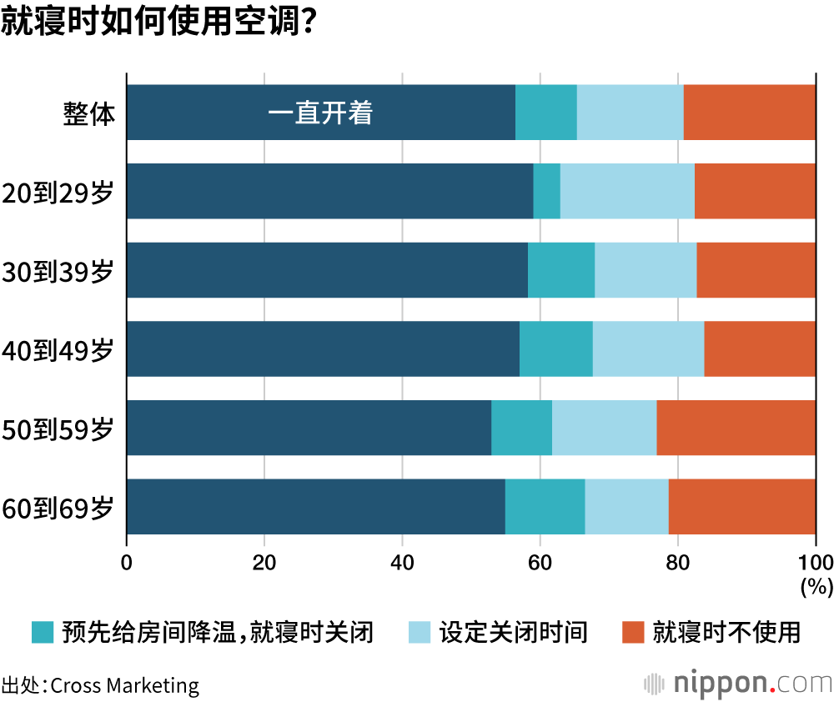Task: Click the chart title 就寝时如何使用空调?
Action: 158,23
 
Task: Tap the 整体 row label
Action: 88,113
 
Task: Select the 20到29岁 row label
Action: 58,192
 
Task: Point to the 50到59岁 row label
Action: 58,429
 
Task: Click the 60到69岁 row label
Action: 58,507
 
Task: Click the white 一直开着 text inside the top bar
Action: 320,113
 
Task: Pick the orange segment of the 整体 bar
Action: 749,113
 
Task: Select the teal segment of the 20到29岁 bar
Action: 546,191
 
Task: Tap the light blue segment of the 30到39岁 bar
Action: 646,270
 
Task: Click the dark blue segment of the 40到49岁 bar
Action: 323,348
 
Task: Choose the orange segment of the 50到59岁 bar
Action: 736,428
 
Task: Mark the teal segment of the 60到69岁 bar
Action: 545,507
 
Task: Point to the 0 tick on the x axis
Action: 127,562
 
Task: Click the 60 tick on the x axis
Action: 540,562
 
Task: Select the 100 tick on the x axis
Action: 815,562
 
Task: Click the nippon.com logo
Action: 738,684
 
